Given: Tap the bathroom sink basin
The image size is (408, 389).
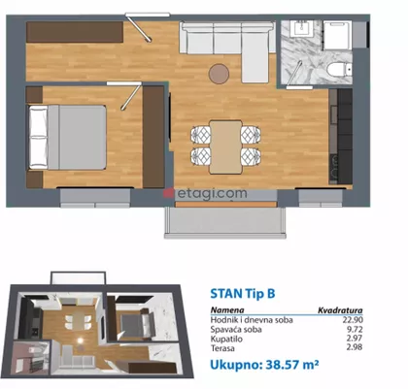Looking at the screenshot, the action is [303, 29].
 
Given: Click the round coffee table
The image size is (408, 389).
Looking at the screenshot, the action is [219, 74].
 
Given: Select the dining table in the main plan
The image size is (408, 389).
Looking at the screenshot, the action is [225, 146].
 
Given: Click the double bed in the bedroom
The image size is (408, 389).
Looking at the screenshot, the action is [67, 137].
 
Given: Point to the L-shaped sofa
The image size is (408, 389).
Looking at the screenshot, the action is [226, 46].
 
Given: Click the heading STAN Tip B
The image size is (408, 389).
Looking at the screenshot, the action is [243, 294].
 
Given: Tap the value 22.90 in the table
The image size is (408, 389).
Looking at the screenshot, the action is [353, 320].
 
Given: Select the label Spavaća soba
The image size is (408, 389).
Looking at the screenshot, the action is [236, 330].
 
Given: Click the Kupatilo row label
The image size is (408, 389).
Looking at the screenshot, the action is [226, 340].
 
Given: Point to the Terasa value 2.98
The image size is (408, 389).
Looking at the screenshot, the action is [354, 347].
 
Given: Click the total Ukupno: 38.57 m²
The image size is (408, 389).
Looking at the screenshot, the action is [264, 365].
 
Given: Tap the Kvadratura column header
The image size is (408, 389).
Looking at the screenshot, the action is [340, 310].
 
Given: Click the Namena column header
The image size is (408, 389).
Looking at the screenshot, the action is [227, 310].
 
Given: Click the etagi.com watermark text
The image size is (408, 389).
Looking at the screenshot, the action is [212, 193].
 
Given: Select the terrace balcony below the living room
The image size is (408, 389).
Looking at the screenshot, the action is [225, 222].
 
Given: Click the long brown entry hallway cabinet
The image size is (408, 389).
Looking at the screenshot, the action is [75, 32].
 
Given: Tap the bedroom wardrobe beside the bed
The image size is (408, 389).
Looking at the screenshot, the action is [153, 137].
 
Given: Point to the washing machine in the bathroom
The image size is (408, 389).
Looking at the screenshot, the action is [337, 35].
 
